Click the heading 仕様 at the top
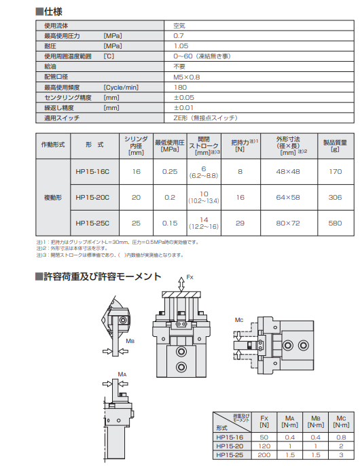tap(53, 12)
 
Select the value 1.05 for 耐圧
tap(181, 46)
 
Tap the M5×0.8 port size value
tap(186, 77)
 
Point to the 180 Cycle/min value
tap(180, 88)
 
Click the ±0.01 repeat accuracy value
tap(183, 107)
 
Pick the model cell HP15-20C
tap(92, 197)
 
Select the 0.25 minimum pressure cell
tap(170, 171)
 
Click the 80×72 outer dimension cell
tap(288, 223)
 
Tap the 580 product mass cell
tap(335, 223)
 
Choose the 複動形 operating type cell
tap(53, 197)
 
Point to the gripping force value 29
tap(240, 223)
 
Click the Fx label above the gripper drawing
tap(190, 277)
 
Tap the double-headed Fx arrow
tap(181, 285)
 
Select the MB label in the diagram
tap(130, 341)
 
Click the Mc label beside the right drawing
tap(239, 320)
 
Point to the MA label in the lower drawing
tap(122, 374)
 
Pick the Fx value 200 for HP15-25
tap(264, 455)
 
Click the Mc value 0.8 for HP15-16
tap(341, 437)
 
